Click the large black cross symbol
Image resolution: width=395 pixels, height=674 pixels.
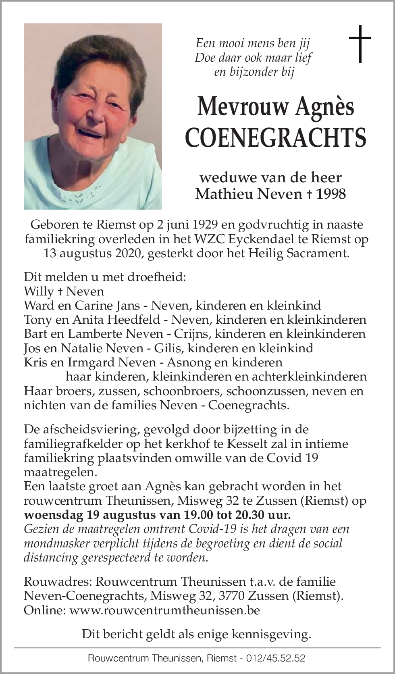click(x=360, y=44)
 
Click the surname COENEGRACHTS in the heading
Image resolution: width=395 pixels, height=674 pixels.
click(x=276, y=137)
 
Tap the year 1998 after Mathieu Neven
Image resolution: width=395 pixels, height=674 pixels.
click(x=331, y=194)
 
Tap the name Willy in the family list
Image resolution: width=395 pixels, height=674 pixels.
click(x=39, y=291)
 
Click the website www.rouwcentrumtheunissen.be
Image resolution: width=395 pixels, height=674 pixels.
click(x=164, y=610)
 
